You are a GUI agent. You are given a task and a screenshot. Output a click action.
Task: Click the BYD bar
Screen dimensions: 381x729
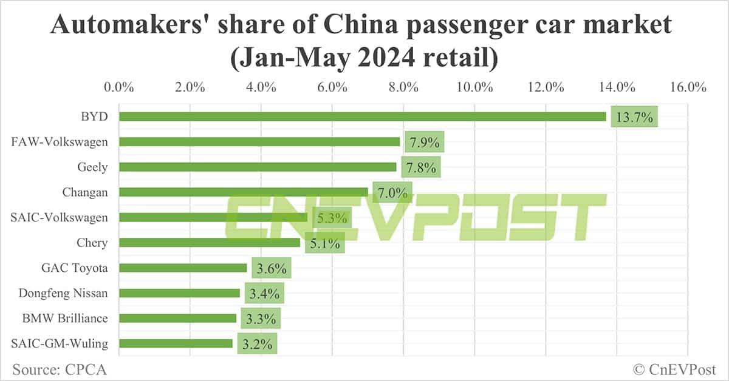[x=362, y=116]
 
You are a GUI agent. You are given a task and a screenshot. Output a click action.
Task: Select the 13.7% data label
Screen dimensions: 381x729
[x=634, y=117]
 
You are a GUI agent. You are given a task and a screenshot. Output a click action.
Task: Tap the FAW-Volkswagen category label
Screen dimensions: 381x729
[x=60, y=142]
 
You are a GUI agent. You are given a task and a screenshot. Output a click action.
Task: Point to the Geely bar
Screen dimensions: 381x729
[x=258, y=167]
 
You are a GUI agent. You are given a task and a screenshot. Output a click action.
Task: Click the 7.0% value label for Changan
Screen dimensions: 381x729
[x=392, y=192]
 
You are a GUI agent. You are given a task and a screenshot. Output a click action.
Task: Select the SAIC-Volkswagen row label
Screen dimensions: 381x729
[x=60, y=217]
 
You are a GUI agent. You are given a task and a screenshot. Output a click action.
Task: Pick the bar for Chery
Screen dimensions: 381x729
[x=210, y=243]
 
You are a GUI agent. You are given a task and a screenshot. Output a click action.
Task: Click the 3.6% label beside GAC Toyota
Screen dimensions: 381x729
[x=271, y=268]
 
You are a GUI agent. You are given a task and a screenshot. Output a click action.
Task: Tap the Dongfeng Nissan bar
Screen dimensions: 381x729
[x=179, y=293]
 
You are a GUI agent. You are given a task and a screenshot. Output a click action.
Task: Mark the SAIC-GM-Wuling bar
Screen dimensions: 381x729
[x=176, y=343]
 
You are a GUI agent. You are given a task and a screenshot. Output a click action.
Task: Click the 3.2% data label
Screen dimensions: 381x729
[x=257, y=344]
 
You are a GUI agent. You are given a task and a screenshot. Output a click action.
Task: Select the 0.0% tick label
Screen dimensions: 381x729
[x=119, y=87]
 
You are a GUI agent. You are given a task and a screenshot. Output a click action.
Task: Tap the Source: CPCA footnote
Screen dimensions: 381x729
[x=55, y=368]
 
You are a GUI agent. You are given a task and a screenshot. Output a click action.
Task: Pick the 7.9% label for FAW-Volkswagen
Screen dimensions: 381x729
[x=424, y=143]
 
